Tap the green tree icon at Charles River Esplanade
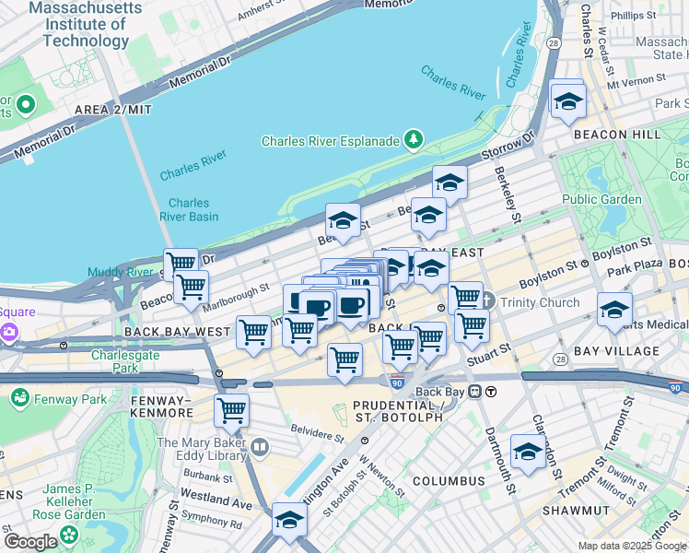tap(415, 140)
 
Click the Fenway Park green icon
tap(18, 398)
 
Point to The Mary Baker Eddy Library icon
tap(261, 448)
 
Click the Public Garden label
tap(601, 199)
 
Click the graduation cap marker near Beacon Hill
tap(568, 99)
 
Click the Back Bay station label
tap(440, 391)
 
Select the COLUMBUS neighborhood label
tap(449, 481)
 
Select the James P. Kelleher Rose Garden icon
tap(69, 535)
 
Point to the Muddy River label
tap(120, 272)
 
